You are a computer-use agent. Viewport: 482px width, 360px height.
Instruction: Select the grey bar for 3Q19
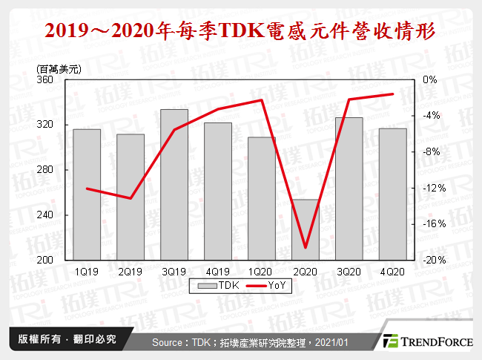click(x=174, y=185)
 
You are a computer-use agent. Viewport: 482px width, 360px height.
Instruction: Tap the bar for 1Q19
click(x=87, y=194)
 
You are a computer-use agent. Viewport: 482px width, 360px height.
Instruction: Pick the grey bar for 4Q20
click(x=392, y=194)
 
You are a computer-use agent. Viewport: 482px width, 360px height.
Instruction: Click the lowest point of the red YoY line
click(x=305, y=248)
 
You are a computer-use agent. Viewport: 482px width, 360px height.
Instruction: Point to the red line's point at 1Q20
click(x=261, y=99)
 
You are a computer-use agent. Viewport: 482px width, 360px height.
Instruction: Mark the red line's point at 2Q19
click(x=131, y=198)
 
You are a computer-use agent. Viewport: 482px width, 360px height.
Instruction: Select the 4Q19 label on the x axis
click(x=217, y=271)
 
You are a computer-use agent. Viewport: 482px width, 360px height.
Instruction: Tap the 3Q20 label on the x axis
click(x=349, y=271)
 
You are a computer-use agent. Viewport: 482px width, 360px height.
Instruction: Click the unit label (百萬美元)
click(x=59, y=68)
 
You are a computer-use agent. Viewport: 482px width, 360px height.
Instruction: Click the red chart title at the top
click(x=240, y=31)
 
